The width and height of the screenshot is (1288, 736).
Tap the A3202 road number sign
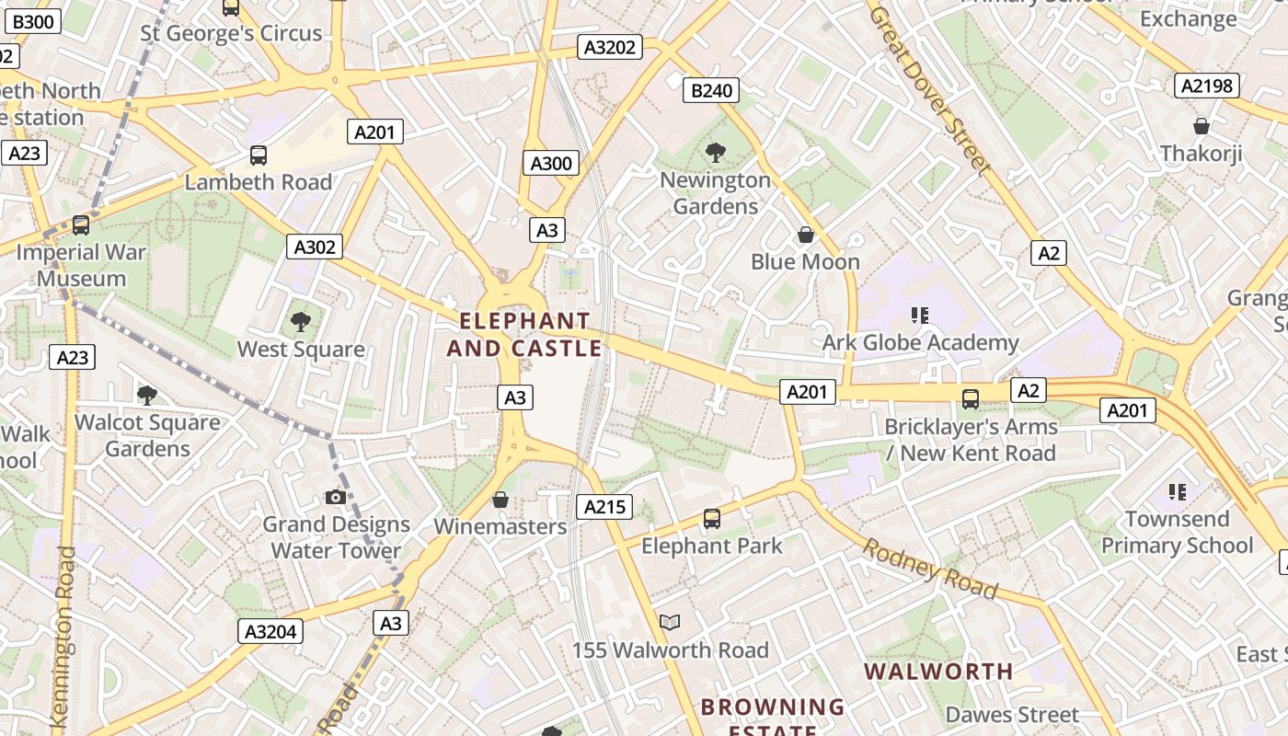(x=609, y=47)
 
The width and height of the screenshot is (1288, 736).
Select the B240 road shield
(x=712, y=90)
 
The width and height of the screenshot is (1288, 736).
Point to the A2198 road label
(x=1207, y=86)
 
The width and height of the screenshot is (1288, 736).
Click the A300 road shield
(x=551, y=163)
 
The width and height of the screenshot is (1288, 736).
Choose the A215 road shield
(x=604, y=506)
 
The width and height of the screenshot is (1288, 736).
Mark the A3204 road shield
(x=270, y=631)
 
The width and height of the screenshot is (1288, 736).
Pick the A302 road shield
(x=315, y=247)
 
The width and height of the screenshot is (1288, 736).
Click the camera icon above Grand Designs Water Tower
(x=336, y=498)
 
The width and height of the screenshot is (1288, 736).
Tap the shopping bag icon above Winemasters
(x=500, y=500)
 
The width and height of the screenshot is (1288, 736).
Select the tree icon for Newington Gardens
(x=715, y=153)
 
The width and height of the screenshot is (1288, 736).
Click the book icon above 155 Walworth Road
(x=670, y=623)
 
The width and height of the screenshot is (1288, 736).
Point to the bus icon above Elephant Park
(x=712, y=519)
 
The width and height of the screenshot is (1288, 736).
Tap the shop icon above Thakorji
(x=1201, y=126)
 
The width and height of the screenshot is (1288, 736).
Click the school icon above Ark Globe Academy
(x=920, y=316)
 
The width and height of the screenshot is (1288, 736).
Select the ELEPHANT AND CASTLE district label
(x=524, y=334)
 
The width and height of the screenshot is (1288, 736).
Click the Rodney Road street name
(x=929, y=568)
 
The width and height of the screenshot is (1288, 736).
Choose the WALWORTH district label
(x=939, y=671)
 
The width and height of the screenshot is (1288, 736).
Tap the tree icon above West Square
(x=300, y=322)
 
